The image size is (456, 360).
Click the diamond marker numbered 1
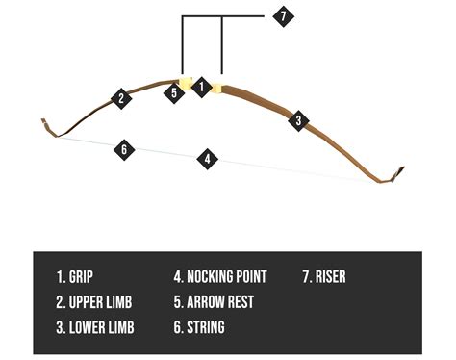(201, 87)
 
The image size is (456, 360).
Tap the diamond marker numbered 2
(120, 97)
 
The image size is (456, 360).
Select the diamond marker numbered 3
(299, 120)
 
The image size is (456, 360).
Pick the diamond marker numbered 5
(174, 93)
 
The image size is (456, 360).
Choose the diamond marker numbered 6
(122, 149)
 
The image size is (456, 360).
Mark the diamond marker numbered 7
(281, 16)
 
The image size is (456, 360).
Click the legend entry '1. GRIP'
(76, 277)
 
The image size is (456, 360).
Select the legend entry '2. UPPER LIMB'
(94, 302)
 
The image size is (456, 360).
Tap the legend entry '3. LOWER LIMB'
(94, 327)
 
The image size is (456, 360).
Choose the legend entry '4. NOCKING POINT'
(220, 277)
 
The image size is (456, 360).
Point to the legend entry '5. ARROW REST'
(214, 302)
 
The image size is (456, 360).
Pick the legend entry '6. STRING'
(199, 327)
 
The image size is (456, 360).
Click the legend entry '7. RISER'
(324, 277)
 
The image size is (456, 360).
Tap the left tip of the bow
(43, 121)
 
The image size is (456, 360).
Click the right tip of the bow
(402, 171)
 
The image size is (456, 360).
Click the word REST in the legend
(241, 302)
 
